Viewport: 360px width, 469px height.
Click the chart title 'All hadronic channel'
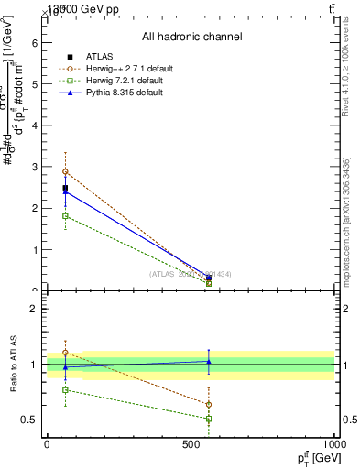click(191, 37)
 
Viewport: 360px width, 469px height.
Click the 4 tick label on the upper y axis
click(35, 125)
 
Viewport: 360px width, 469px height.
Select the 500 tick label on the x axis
click(191, 443)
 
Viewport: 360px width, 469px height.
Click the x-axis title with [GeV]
click(311, 457)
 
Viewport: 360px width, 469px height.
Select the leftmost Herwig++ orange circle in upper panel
click(65, 171)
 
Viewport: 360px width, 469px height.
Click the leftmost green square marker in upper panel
click(65, 215)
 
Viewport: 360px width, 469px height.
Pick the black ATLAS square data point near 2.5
click(65, 188)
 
